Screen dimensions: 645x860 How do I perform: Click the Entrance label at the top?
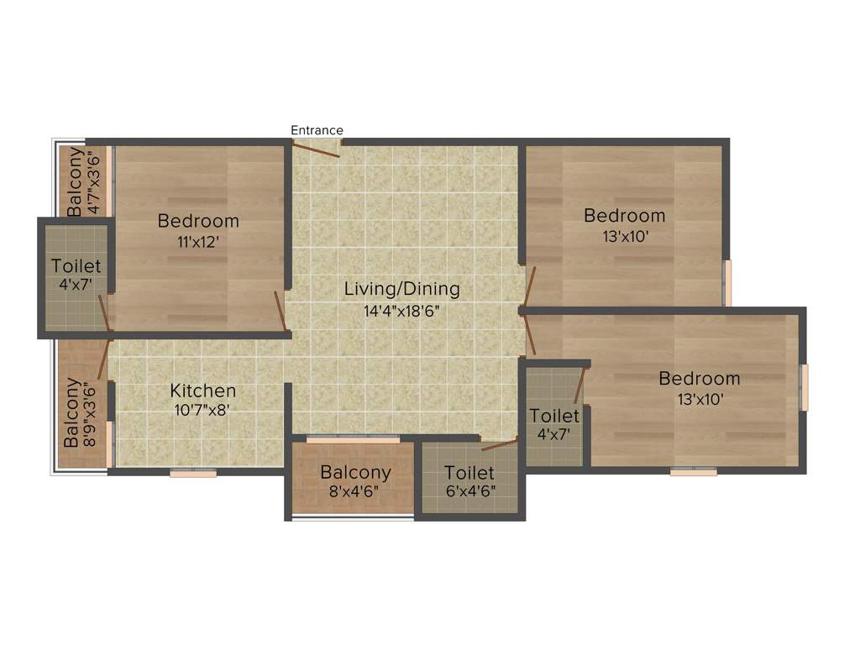pyautogui.click(x=317, y=130)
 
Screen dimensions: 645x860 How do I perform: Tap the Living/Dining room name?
pyautogui.click(x=402, y=289)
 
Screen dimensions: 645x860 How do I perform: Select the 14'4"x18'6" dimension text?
pyautogui.click(x=402, y=310)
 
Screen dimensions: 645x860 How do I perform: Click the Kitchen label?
pyautogui.click(x=203, y=391)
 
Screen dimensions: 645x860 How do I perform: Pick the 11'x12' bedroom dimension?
pyautogui.click(x=199, y=241)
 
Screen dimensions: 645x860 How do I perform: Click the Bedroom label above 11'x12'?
pyautogui.click(x=199, y=221)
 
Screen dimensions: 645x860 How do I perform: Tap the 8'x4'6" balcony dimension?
pyautogui.click(x=355, y=491)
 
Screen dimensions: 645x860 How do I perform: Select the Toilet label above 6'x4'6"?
pyautogui.click(x=469, y=473)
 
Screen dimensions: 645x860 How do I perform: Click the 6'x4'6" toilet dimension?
pyautogui.click(x=469, y=491)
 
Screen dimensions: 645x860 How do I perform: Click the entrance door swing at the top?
pyautogui.click(x=316, y=148)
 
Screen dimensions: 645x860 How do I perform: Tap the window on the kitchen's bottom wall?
pyautogui.click(x=193, y=474)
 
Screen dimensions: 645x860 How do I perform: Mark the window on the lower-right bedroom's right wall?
pyautogui.click(x=804, y=387)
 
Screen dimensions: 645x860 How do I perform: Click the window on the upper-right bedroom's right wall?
pyautogui.click(x=727, y=283)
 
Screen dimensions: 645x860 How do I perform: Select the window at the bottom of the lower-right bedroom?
pyautogui.click(x=694, y=472)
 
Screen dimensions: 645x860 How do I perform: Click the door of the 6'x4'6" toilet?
pyautogui.click(x=501, y=444)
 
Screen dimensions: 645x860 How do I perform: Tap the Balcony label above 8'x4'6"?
pyautogui.click(x=355, y=472)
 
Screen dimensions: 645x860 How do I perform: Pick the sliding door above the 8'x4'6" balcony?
pyautogui.click(x=353, y=439)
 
